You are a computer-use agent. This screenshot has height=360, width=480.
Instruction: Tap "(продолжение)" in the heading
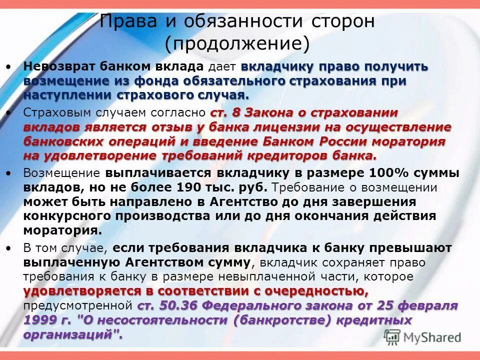click(237, 44)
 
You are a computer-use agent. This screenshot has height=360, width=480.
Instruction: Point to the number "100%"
click(385, 173)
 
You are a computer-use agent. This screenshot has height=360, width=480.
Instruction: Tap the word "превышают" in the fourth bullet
click(412, 248)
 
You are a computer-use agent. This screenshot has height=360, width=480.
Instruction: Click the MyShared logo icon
click(392, 336)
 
